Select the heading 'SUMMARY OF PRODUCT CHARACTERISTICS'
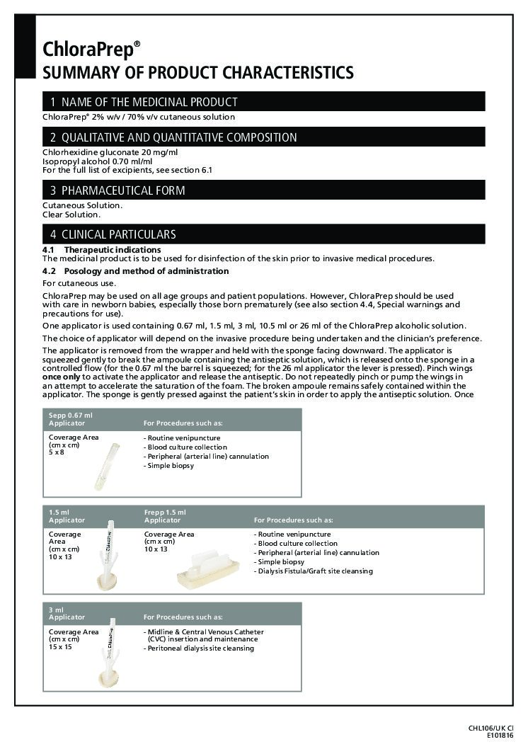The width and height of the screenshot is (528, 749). pyautogui.click(x=198, y=72)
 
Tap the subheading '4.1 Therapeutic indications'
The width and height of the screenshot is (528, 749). pyautogui.click(x=102, y=250)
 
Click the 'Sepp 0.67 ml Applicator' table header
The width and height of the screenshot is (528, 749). pyautogui.click(x=71, y=419)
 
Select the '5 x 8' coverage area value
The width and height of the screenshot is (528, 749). pyautogui.click(x=56, y=452)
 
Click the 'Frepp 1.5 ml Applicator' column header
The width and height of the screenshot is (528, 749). pyautogui.click(x=165, y=516)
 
